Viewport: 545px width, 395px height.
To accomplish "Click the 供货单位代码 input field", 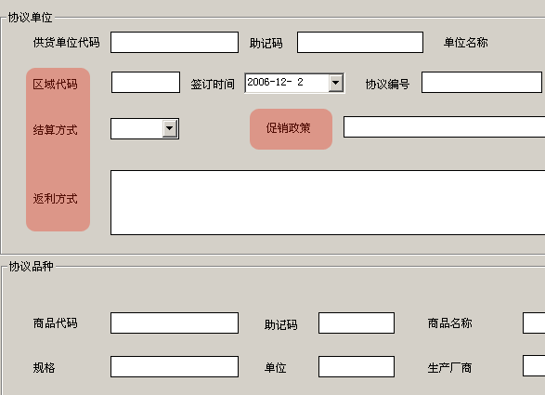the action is (x=175, y=43).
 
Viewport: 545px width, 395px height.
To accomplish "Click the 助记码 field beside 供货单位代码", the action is (x=360, y=43).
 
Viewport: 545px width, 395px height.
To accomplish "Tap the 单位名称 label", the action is (x=465, y=43).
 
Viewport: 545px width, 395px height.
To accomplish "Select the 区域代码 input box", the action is (x=146, y=82).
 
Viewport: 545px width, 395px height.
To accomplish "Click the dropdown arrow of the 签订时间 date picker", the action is (x=336, y=83).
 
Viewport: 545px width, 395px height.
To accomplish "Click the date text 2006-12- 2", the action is (x=275, y=82).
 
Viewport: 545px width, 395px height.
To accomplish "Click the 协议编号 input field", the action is (x=482, y=82).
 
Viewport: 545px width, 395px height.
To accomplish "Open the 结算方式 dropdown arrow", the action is (x=170, y=128).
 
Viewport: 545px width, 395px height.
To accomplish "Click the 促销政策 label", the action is (x=288, y=128).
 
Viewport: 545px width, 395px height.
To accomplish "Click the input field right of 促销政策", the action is (x=444, y=127).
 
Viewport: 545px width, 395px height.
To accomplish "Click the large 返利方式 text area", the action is (x=328, y=203).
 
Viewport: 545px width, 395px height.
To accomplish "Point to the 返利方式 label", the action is (x=56, y=199).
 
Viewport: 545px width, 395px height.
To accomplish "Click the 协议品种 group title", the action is (x=31, y=267).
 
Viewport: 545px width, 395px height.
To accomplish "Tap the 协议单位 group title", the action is (x=31, y=18).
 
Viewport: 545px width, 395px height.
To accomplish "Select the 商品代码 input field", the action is (x=175, y=323).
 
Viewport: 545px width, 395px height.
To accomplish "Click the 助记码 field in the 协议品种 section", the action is (x=357, y=323).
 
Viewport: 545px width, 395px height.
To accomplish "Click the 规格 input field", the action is (x=175, y=366).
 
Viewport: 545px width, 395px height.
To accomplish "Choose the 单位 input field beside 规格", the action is (x=357, y=366).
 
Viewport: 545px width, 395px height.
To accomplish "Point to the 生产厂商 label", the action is (x=449, y=368).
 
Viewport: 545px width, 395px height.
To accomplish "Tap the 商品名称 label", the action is (x=449, y=323).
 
